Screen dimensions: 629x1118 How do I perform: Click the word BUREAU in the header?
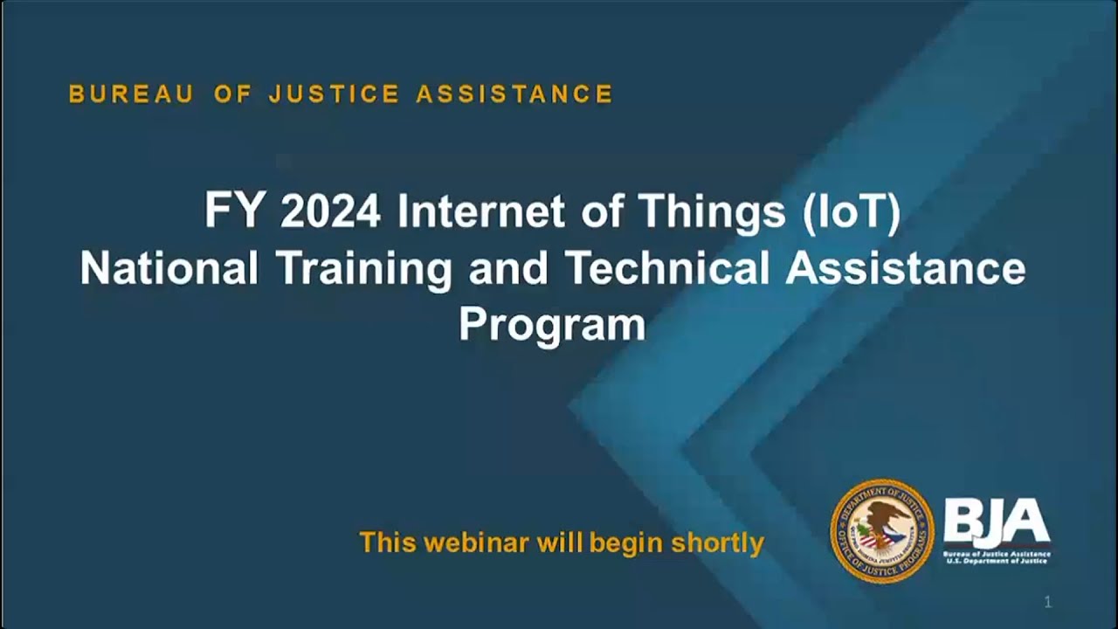(131, 94)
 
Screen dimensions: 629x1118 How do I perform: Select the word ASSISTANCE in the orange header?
(514, 94)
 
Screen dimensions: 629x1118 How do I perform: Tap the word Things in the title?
(712, 212)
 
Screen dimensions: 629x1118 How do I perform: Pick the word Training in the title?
(364, 269)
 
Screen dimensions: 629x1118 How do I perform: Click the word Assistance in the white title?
(905, 269)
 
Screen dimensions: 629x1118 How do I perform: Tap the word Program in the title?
(552, 324)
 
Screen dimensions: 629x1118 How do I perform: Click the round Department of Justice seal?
(881, 531)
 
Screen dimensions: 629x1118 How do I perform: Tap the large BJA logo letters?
(997, 523)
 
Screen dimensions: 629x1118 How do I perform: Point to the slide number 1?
(1048, 602)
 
